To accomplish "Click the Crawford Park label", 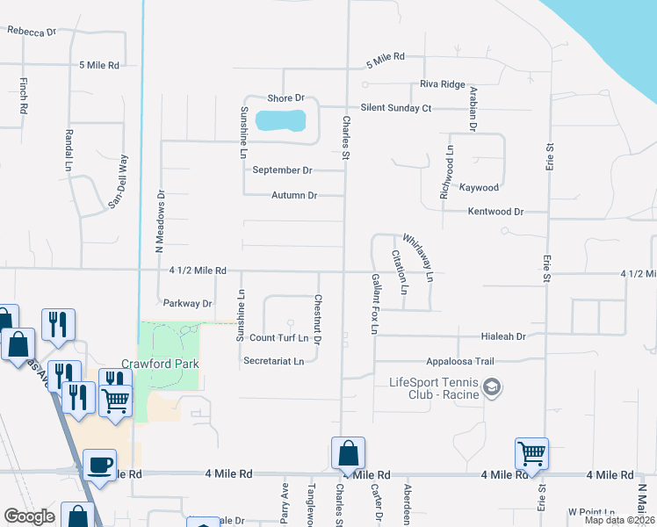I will click(160, 364).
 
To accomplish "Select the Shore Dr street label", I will click(286, 97).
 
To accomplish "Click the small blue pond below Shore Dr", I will click(280, 119).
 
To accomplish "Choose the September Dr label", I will click(282, 170).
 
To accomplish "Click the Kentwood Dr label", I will click(495, 212).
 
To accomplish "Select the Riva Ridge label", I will click(442, 84).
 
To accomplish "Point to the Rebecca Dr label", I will click(32, 31).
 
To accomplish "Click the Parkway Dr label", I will click(188, 304).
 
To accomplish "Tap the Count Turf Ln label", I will click(278, 337).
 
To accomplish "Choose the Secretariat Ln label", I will click(273, 360).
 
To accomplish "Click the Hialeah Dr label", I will click(502, 336).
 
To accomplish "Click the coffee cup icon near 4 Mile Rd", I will click(99, 465).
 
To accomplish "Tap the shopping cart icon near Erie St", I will click(531, 453).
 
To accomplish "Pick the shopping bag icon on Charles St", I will click(348, 453).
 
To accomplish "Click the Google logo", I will click(29, 516).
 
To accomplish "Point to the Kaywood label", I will click(480, 187).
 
